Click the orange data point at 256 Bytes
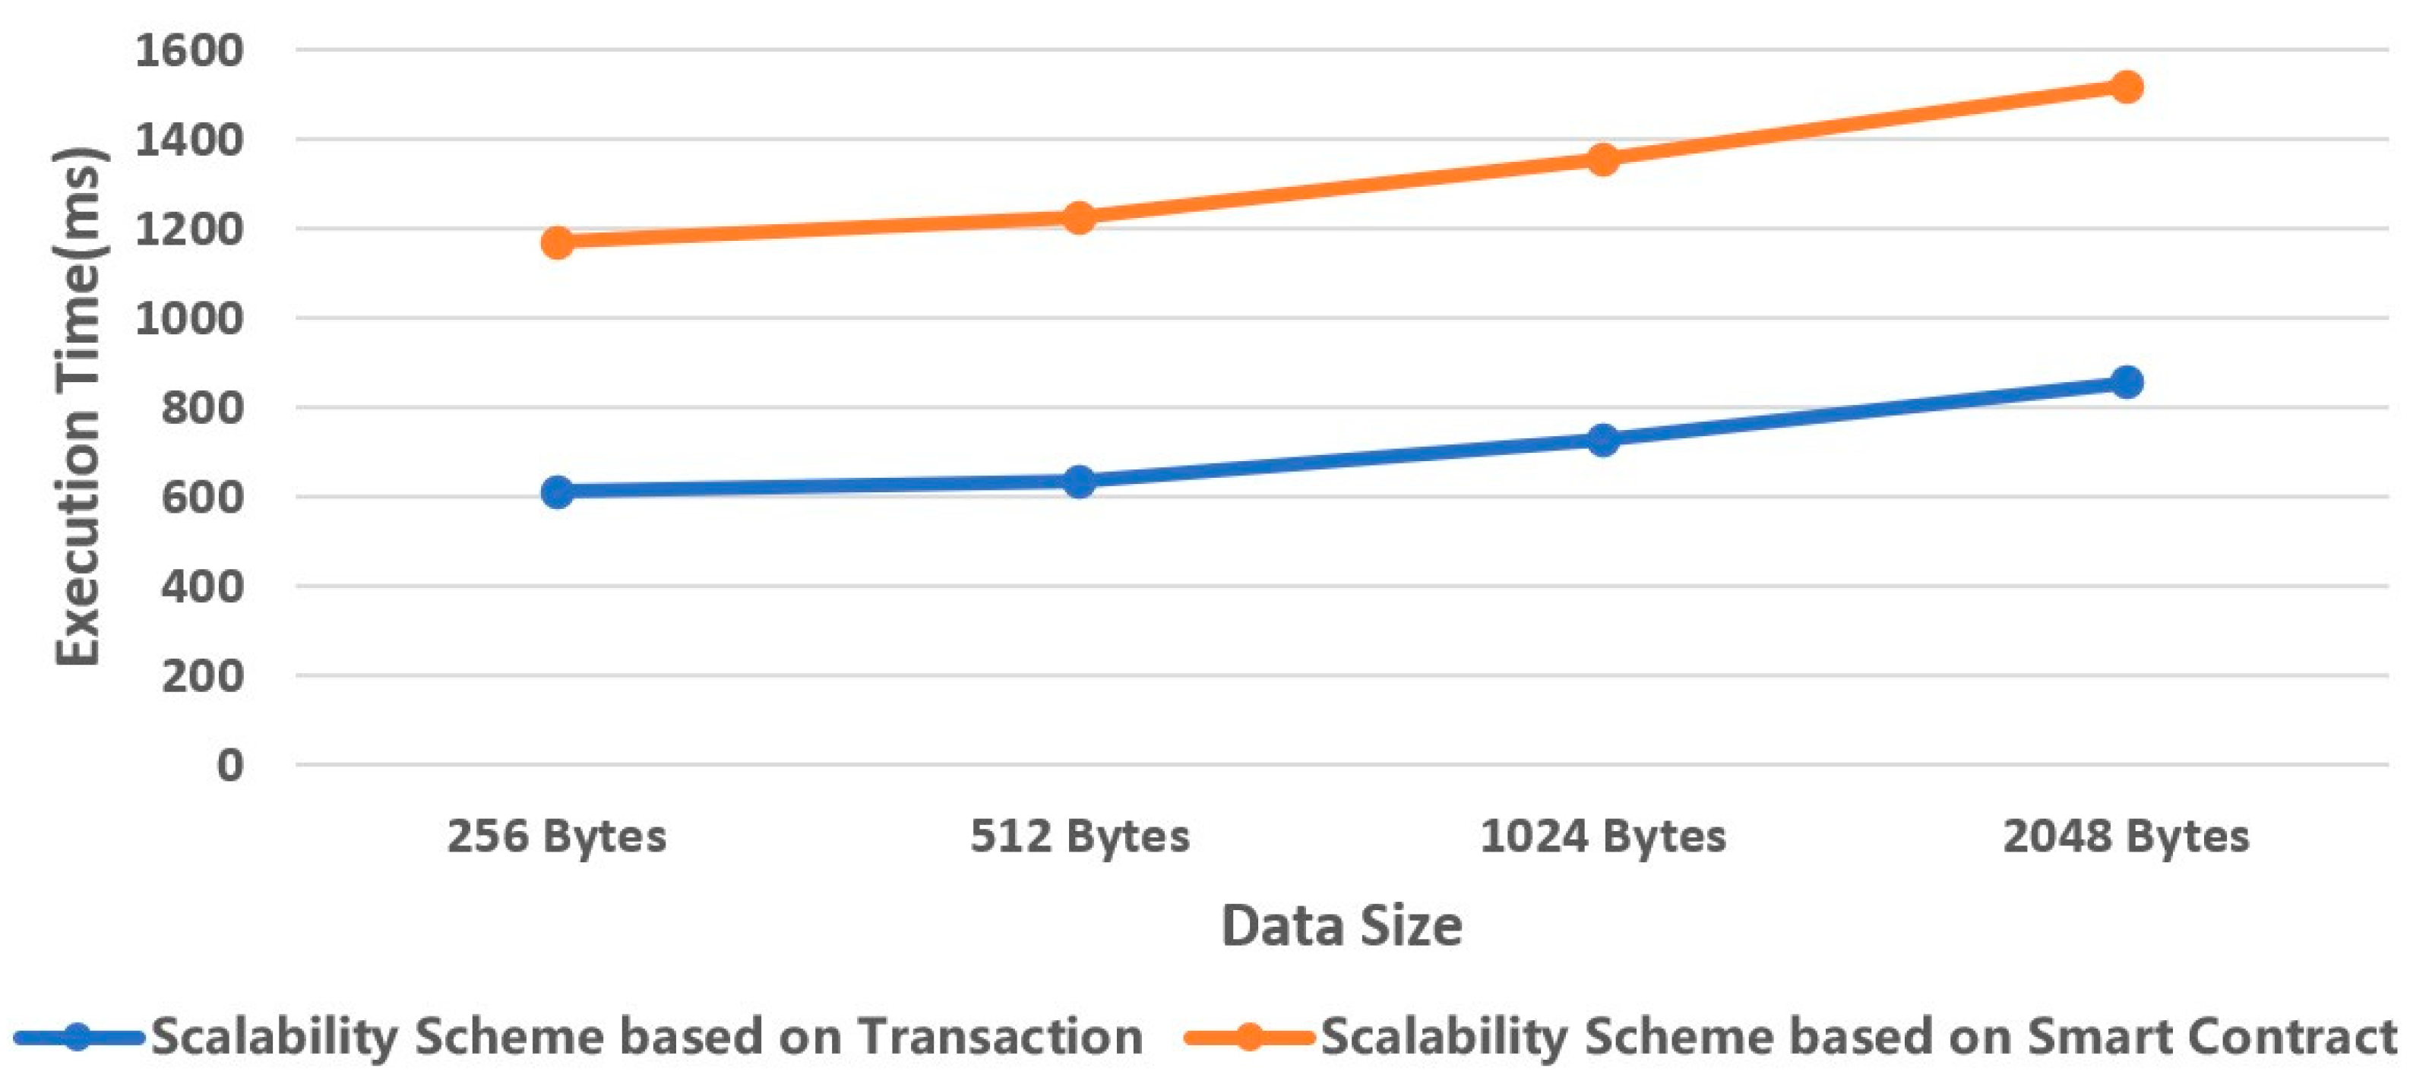(x=558, y=242)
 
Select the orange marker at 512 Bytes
(x=1079, y=218)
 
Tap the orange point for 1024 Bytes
(x=1602, y=158)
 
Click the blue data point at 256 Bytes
(x=558, y=492)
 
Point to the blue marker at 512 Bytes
(x=1079, y=481)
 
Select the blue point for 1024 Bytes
(x=1602, y=439)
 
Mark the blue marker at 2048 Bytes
(x=2127, y=382)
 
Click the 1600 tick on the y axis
(x=189, y=51)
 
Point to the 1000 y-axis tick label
(x=189, y=319)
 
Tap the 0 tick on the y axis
(x=229, y=766)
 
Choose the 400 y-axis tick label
(x=202, y=586)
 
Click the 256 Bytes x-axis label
(x=557, y=836)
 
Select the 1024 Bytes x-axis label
(x=1602, y=836)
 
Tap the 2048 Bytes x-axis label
(x=2126, y=836)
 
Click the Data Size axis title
(x=1342, y=926)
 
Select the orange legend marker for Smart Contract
(x=1248, y=1037)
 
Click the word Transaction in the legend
(x=1000, y=1037)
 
